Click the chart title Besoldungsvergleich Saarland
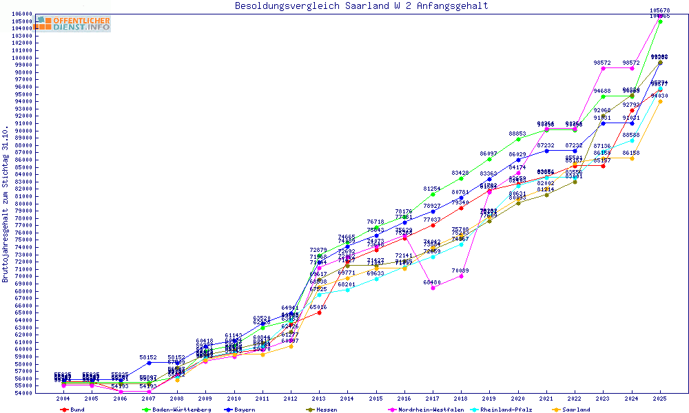(361, 6)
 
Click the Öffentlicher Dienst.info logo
(72, 23)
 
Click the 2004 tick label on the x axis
(63, 399)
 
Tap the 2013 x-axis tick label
(319, 399)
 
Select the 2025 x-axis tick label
(660, 399)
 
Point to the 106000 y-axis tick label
(22, 14)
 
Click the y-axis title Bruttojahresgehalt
(6, 204)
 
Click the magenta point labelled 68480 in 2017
(433, 288)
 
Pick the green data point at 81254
(433, 194)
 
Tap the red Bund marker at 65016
(319, 313)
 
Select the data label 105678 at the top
(660, 10)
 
